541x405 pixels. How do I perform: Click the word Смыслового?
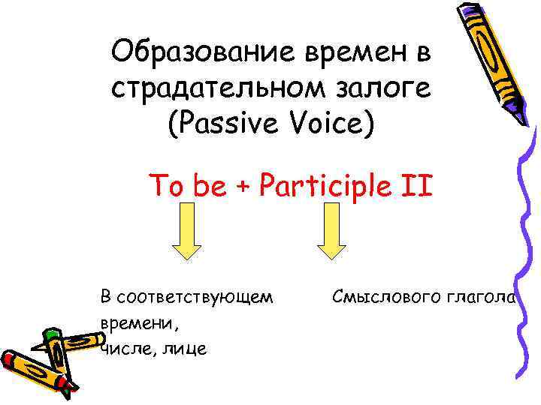[384, 298]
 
